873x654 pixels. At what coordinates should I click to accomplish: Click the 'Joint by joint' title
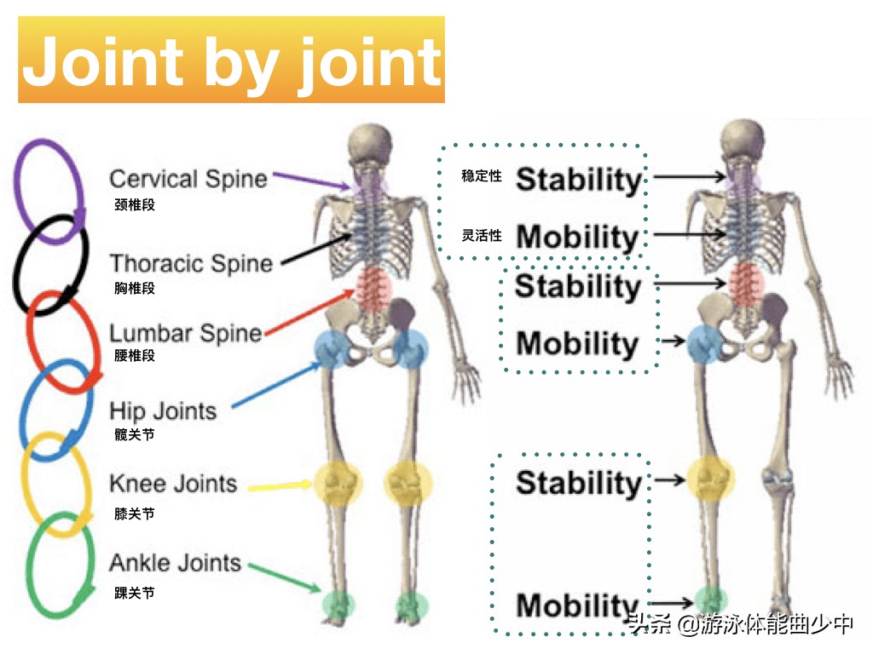click(231, 61)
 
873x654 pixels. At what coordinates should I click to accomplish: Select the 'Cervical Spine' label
click(188, 179)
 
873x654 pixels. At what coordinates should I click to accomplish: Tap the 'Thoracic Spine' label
click(191, 263)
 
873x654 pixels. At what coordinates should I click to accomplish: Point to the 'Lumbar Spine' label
click(186, 333)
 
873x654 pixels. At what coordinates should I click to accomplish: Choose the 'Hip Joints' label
click(164, 411)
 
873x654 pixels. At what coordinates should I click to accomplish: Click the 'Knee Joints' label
click(173, 485)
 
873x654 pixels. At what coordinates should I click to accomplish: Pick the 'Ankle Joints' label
click(175, 563)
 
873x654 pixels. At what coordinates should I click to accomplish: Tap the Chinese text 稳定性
click(482, 176)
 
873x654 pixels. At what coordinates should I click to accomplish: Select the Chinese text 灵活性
click(482, 236)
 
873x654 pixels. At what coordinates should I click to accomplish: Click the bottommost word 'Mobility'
click(577, 605)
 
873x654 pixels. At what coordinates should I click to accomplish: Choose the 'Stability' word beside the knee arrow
click(578, 483)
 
